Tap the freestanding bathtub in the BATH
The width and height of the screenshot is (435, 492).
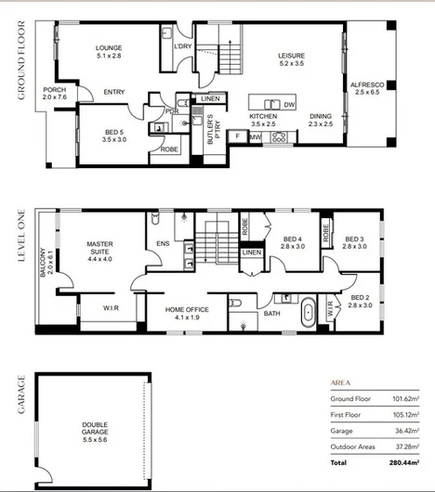tap(309, 313)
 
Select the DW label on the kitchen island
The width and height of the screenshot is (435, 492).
tap(289, 105)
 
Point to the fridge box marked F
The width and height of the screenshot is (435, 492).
tap(237, 136)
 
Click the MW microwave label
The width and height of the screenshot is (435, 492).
tap(256, 137)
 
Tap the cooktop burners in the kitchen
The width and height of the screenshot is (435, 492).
tap(279, 137)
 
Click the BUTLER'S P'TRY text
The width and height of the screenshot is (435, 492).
tap(214, 129)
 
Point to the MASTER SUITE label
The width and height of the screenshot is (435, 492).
tap(99, 252)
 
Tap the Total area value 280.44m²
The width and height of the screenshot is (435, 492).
tap(404, 462)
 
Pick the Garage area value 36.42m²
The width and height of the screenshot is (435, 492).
tap(407, 431)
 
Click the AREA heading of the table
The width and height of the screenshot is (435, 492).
tap(340, 382)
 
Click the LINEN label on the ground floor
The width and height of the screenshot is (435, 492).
tap(210, 98)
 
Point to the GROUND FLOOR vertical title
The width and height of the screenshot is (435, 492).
tap(21, 60)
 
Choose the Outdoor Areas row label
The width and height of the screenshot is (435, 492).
tap(352, 447)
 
